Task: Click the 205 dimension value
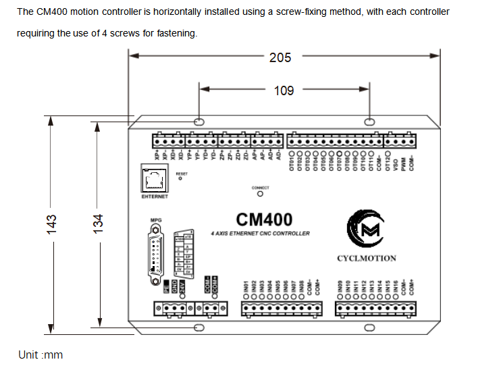(x=280, y=58)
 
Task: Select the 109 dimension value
(x=284, y=89)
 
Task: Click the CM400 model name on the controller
(x=265, y=219)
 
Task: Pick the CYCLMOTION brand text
(x=367, y=258)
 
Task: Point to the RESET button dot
(x=180, y=179)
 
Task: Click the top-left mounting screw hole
(x=199, y=122)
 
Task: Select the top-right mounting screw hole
(x=369, y=122)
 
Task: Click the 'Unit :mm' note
(x=41, y=355)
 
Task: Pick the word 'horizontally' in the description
(x=160, y=12)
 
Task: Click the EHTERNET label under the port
(x=155, y=197)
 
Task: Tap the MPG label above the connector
(x=156, y=220)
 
